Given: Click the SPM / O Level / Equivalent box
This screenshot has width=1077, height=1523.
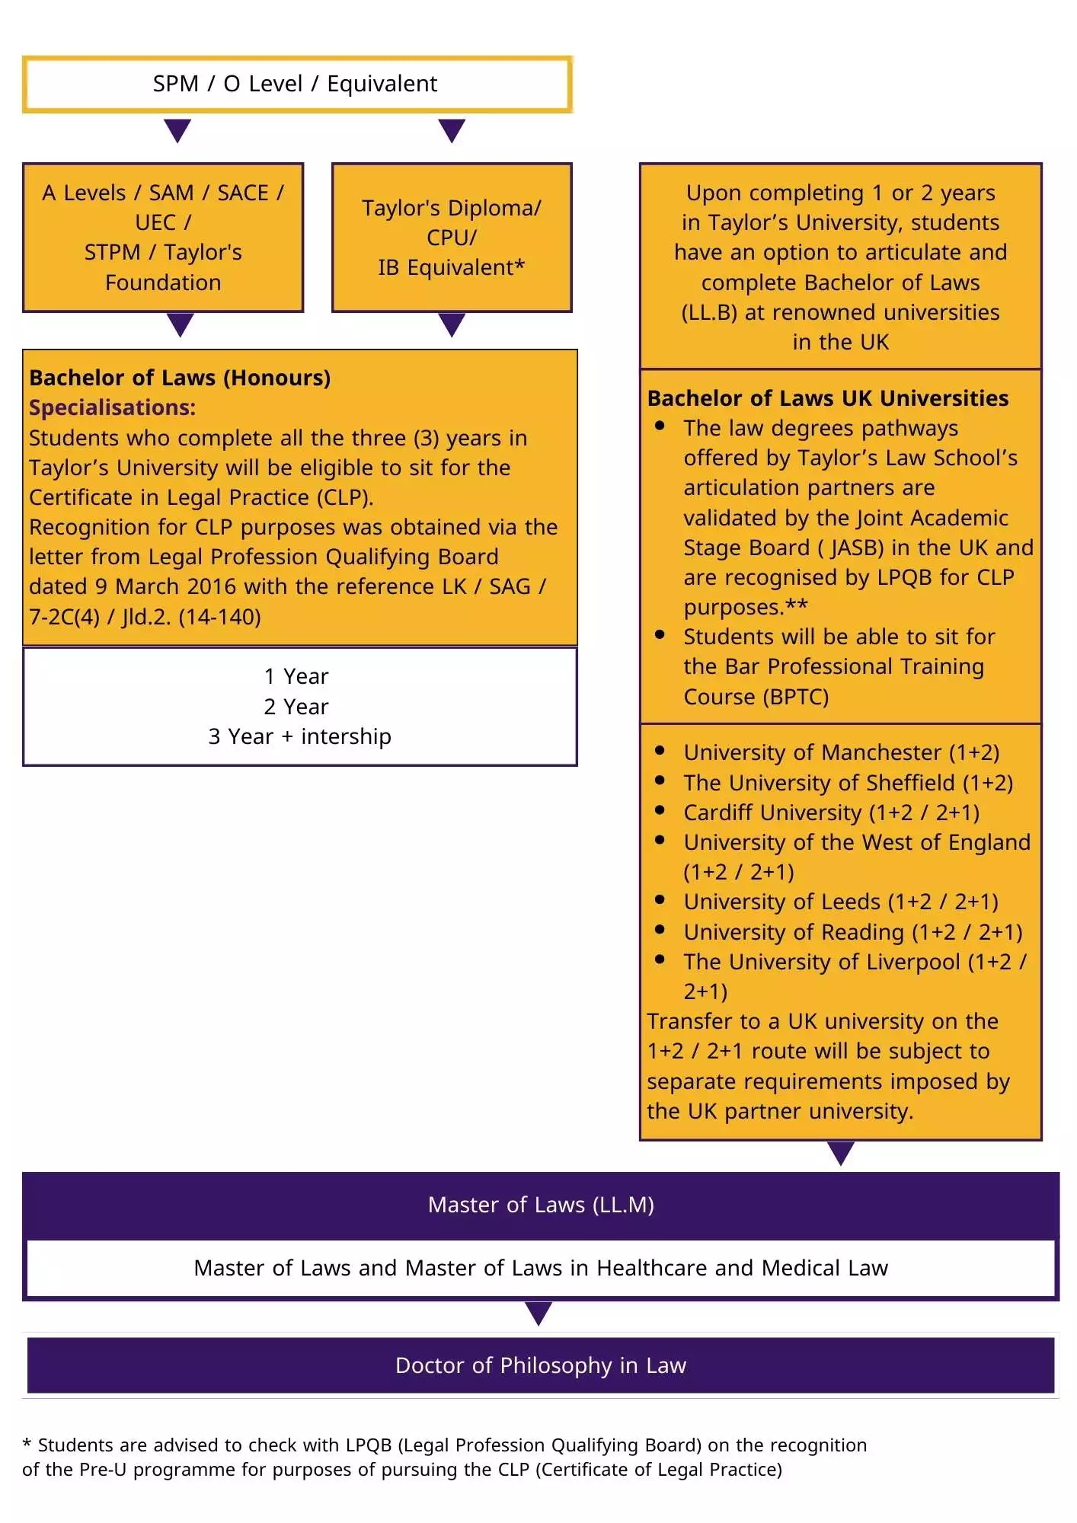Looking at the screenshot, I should click(297, 84).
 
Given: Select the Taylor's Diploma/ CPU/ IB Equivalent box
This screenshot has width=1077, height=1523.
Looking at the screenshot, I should click(452, 238).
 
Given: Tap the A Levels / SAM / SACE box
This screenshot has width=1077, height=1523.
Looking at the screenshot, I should click(163, 238).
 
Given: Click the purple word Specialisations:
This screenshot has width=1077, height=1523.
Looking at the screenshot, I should click(112, 408).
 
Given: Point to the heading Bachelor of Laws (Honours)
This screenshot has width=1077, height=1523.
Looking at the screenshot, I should click(180, 378).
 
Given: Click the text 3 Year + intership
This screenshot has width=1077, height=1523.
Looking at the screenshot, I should click(299, 737).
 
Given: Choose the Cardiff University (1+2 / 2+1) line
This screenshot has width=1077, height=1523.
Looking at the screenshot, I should click(831, 813).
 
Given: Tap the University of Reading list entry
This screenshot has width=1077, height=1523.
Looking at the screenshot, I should click(852, 932).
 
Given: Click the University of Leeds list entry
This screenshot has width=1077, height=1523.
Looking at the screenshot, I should click(840, 902).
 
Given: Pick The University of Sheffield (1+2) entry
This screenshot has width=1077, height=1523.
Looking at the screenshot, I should click(848, 783).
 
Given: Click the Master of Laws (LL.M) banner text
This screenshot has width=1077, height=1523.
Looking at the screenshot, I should click(541, 1205).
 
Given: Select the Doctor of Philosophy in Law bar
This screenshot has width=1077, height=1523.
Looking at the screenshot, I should click(541, 1365).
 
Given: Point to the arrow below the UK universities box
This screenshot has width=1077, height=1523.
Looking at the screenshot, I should click(840, 1153).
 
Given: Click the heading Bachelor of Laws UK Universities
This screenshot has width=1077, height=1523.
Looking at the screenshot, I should click(827, 398).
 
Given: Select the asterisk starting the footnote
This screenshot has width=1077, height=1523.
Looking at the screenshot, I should click(27, 1445).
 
